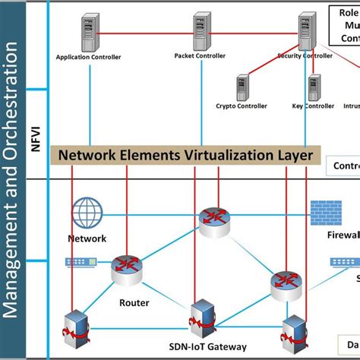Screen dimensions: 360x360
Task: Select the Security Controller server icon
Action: (306, 32)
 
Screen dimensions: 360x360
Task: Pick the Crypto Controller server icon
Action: (242, 87)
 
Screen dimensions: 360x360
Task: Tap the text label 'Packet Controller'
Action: (200, 55)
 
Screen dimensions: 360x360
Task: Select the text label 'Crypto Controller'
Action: (242, 106)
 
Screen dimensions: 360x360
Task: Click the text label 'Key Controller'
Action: (313, 106)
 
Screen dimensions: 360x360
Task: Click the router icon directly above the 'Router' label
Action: (126, 270)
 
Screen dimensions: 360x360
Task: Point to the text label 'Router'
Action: (134, 302)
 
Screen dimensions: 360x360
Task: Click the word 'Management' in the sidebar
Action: (13, 258)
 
